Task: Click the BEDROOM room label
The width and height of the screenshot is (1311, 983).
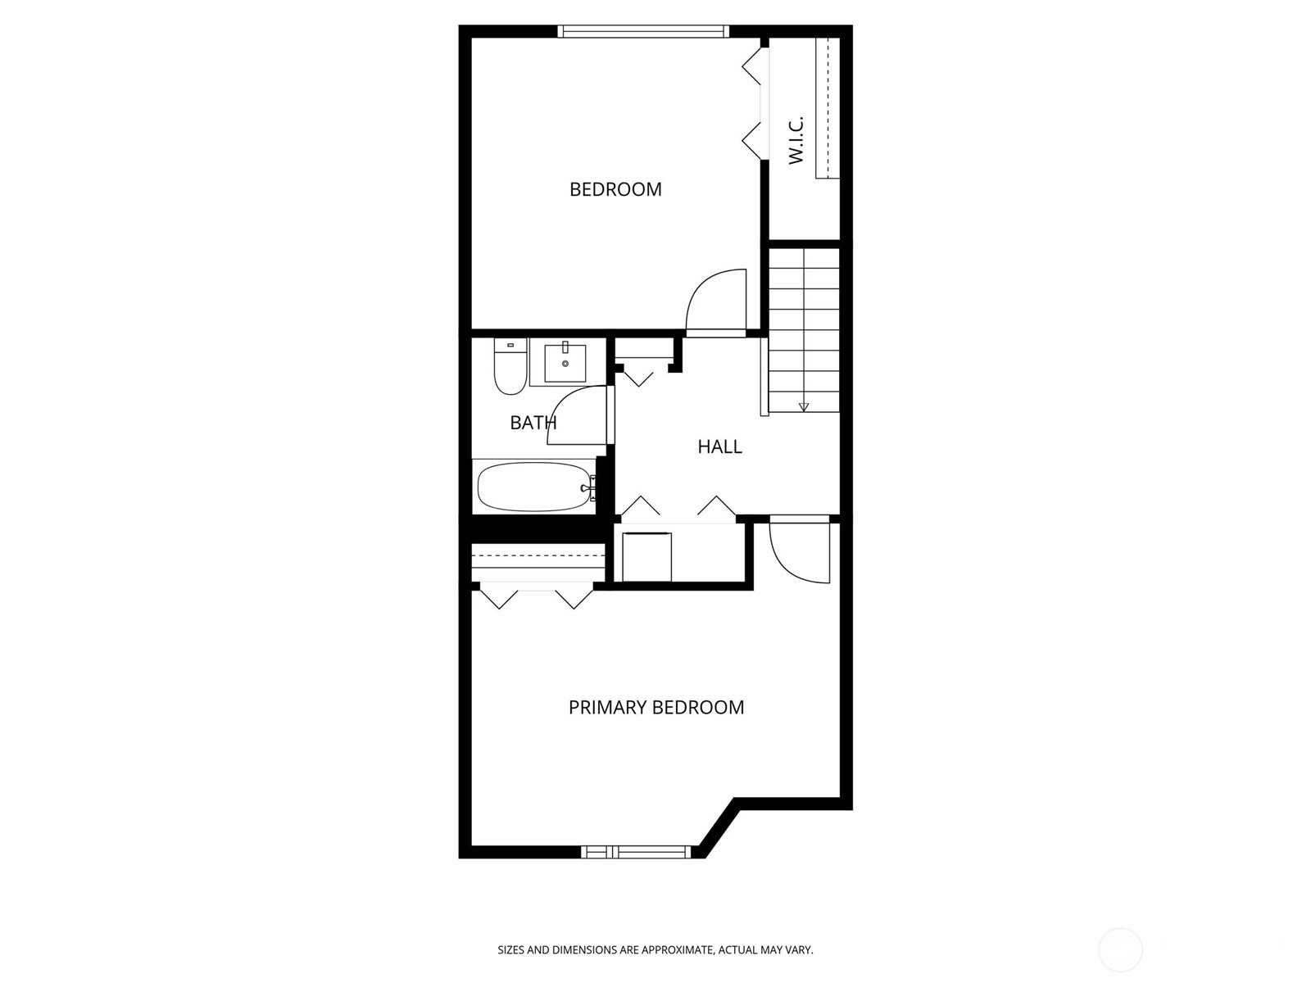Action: point(615,189)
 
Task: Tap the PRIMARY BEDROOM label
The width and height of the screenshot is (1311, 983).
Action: point(655,707)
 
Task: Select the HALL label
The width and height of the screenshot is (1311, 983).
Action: point(719,446)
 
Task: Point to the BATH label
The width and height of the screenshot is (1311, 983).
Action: point(533,423)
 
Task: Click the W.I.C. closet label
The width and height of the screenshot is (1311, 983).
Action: point(796,140)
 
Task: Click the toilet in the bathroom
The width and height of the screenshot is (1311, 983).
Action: point(510,366)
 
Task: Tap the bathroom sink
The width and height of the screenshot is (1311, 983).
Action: point(565,362)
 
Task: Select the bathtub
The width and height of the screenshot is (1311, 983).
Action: point(534,487)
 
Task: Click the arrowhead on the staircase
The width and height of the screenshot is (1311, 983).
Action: point(803,407)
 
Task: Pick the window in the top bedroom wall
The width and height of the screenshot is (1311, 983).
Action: point(643,31)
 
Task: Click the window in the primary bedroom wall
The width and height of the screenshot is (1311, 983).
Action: point(636,852)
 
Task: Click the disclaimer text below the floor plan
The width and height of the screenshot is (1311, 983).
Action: point(655,949)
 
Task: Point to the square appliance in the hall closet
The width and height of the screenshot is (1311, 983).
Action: point(646,557)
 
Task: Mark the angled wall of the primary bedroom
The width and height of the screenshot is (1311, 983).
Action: point(719,828)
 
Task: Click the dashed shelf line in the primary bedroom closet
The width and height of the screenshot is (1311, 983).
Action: point(538,555)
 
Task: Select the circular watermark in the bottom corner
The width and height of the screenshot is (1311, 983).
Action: point(1120,950)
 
